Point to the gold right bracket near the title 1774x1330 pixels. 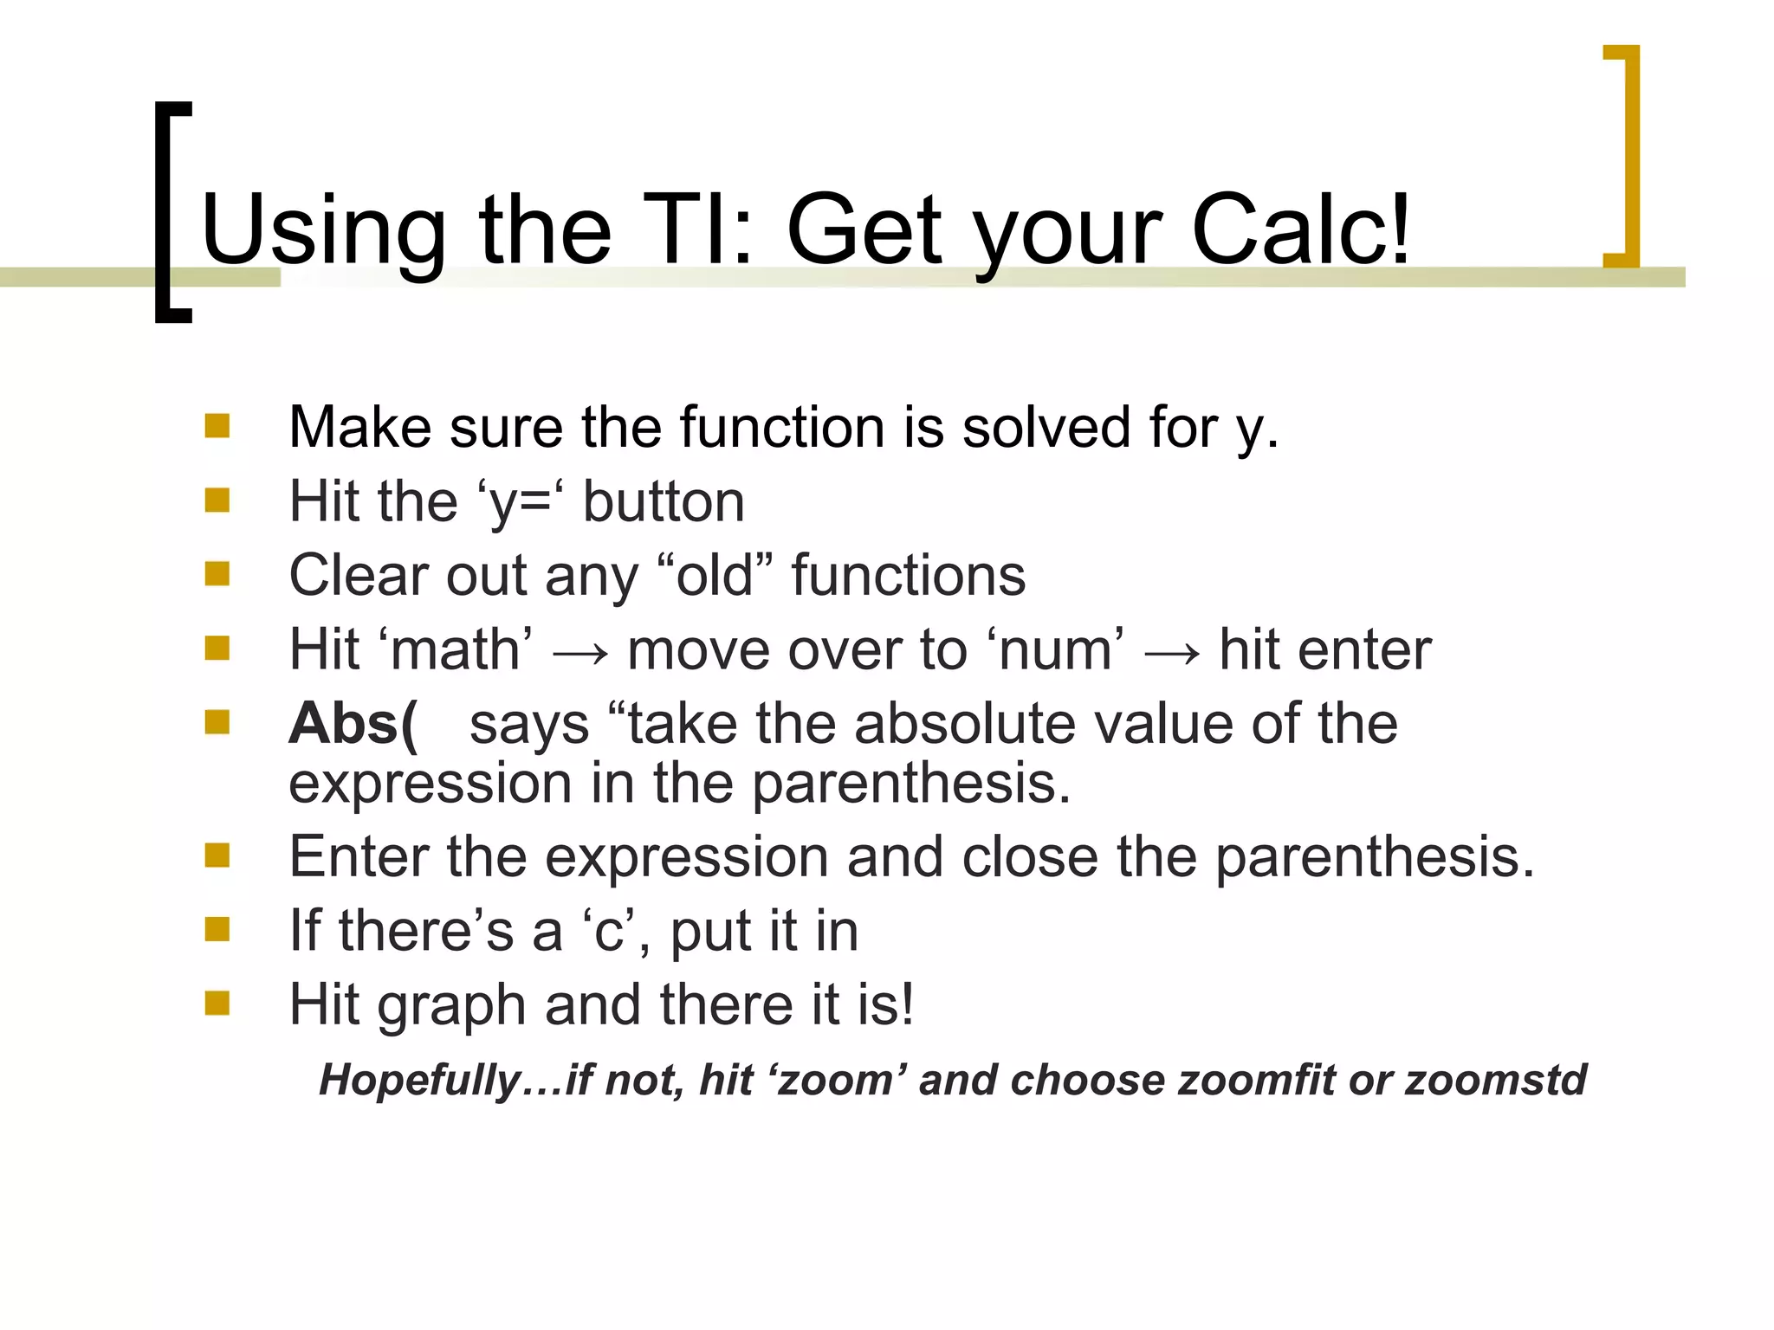[1623, 156]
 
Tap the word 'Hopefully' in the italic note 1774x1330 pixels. [420, 1081]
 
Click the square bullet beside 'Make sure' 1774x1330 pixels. [217, 426]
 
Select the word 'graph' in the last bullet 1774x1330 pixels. [451, 1007]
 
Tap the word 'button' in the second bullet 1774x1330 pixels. [664, 501]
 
